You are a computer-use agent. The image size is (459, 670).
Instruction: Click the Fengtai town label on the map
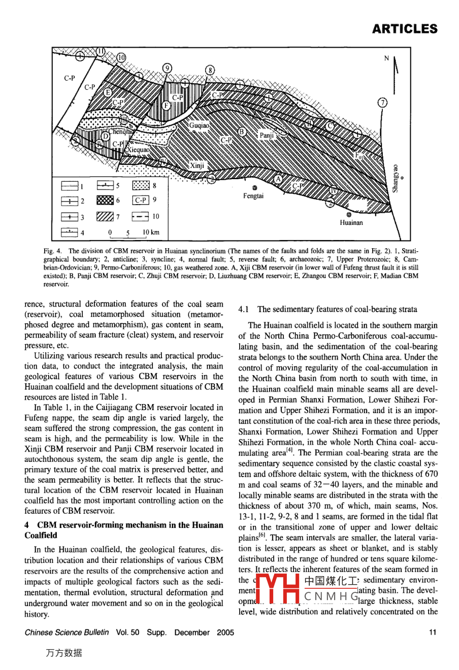(253, 196)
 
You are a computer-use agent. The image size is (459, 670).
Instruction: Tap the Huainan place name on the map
(351, 222)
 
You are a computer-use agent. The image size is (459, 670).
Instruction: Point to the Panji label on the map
(267, 136)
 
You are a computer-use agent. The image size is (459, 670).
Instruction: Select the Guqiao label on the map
(199, 125)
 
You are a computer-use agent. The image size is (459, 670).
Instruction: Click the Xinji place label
(197, 165)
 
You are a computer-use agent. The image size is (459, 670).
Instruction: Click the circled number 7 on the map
(382, 103)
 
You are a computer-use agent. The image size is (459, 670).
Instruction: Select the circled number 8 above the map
(210, 71)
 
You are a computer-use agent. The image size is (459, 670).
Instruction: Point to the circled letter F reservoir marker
(166, 105)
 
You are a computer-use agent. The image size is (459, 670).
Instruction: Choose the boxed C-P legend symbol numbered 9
(140, 200)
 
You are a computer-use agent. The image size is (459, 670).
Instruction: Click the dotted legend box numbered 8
(141, 186)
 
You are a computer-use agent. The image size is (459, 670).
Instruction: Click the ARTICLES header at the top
(404, 29)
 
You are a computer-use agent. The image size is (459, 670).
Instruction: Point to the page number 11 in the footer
(433, 632)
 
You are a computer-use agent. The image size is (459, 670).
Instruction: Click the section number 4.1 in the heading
(244, 309)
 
